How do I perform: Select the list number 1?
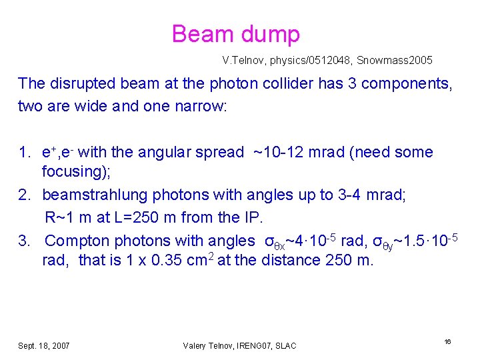23,153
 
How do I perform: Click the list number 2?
23,195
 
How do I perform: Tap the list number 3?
23,240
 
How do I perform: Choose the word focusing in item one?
74,171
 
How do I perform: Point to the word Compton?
79,240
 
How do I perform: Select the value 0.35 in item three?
170,260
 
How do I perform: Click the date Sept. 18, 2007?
44,345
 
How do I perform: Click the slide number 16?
447,341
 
